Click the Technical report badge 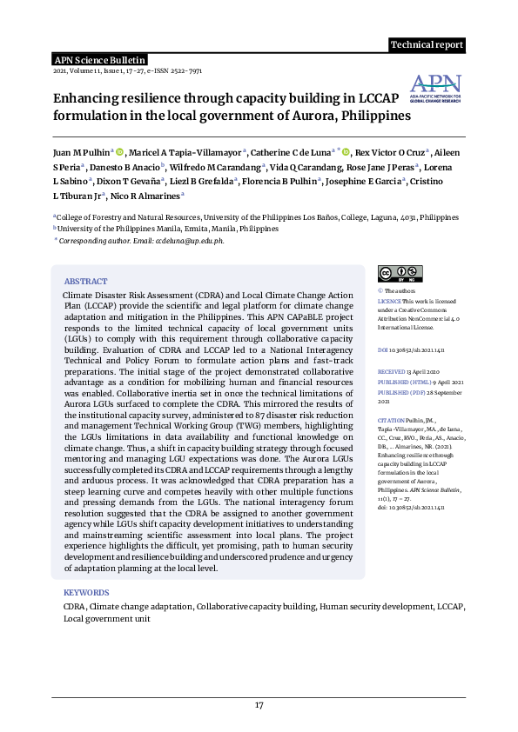pos(427,45)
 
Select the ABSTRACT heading pos(85,282)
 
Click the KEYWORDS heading pos(86,592)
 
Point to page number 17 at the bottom pos(259,704)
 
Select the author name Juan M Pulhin pos(80,151)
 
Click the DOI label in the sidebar pos(383,349)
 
